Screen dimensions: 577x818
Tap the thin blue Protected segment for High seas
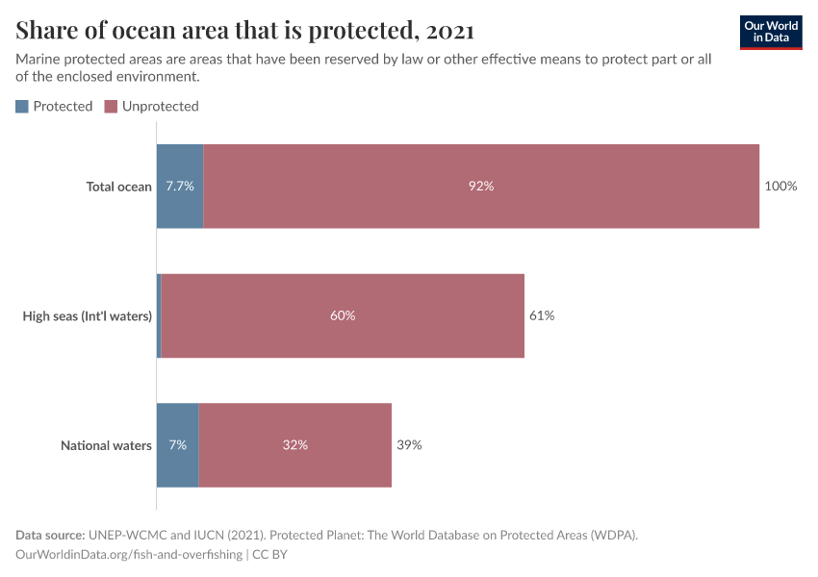159,315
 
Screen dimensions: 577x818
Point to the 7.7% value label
180,187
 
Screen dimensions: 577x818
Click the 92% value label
481,187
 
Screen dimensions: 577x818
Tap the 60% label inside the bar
343,315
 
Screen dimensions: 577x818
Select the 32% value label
295,445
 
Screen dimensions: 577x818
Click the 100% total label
780,187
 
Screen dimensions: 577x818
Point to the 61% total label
542,315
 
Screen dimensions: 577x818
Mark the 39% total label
409,445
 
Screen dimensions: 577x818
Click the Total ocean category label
119,187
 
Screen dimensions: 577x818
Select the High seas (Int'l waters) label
88,315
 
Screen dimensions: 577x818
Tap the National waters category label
106,445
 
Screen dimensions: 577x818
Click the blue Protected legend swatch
22,107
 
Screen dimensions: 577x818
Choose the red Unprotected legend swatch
111,107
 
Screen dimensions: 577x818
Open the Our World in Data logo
771,32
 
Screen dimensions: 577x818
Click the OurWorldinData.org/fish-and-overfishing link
129,555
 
